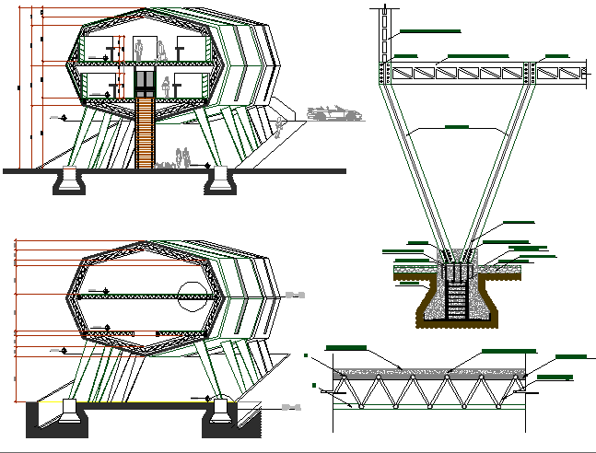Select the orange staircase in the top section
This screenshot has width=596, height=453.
pyautogui.click(x=144, y=133)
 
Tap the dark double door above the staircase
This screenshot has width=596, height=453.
pyautogui.click(x=145, y=80)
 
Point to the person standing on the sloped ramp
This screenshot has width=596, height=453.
pyautogui.click(x=280, y=127)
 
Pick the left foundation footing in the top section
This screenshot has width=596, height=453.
pyautogui.click(x=70, y=181)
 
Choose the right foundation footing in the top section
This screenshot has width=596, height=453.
pyautogui.click(x=220, y=181)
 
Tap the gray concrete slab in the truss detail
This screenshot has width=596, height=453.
pyautogui.click(x=429, y=375)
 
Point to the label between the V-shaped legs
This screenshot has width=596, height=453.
pyautogui.click(x=456, y=125)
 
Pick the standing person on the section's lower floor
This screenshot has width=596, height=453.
pyautogui.click(x=167, y=86)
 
